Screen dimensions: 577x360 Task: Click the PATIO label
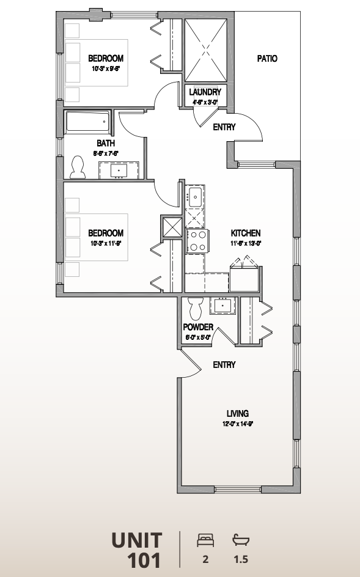(x=267, y=59)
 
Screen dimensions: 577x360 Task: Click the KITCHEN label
(x=246, y=233)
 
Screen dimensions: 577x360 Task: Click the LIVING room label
(x=237, y=413)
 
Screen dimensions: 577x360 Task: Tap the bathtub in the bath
(x=88, y=122)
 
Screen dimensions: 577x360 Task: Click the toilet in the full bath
(x=78, y=167)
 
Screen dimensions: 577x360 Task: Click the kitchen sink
(x=196, y=197)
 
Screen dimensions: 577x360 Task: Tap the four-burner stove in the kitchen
(x=197, y=240)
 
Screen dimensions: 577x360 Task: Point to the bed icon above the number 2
(x=205, y=540)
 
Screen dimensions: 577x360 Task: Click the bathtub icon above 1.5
(x=241, y=540)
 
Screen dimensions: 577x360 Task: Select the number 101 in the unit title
(x=144, y=560)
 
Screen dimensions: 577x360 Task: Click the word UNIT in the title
(x=137, y=540)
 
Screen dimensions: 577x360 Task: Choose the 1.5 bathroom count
(x=241, y=559)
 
